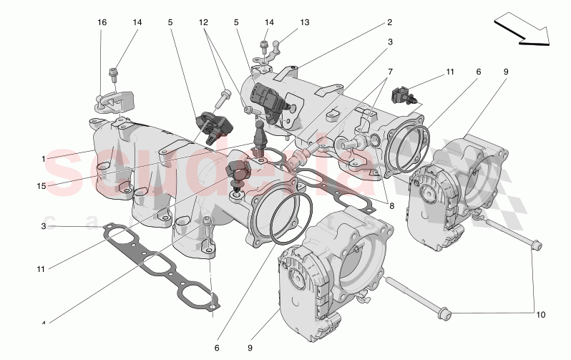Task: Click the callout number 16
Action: pyautogui.click(x=102, y=23)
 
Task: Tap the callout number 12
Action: pyautogui.click(x=204, y=23)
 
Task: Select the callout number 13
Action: pyautogui.click(x=305, y=23)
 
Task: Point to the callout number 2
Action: pyautogui.click(x=390, y=23)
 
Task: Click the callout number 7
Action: pyautogui.click(x=390, y=72)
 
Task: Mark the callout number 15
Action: pyautogui.click(x=43, y=187)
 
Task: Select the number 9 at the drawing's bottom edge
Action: pyautogui.click(x=250, y=348)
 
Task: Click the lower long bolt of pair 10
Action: pyautogui.click(x=415, y=299)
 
